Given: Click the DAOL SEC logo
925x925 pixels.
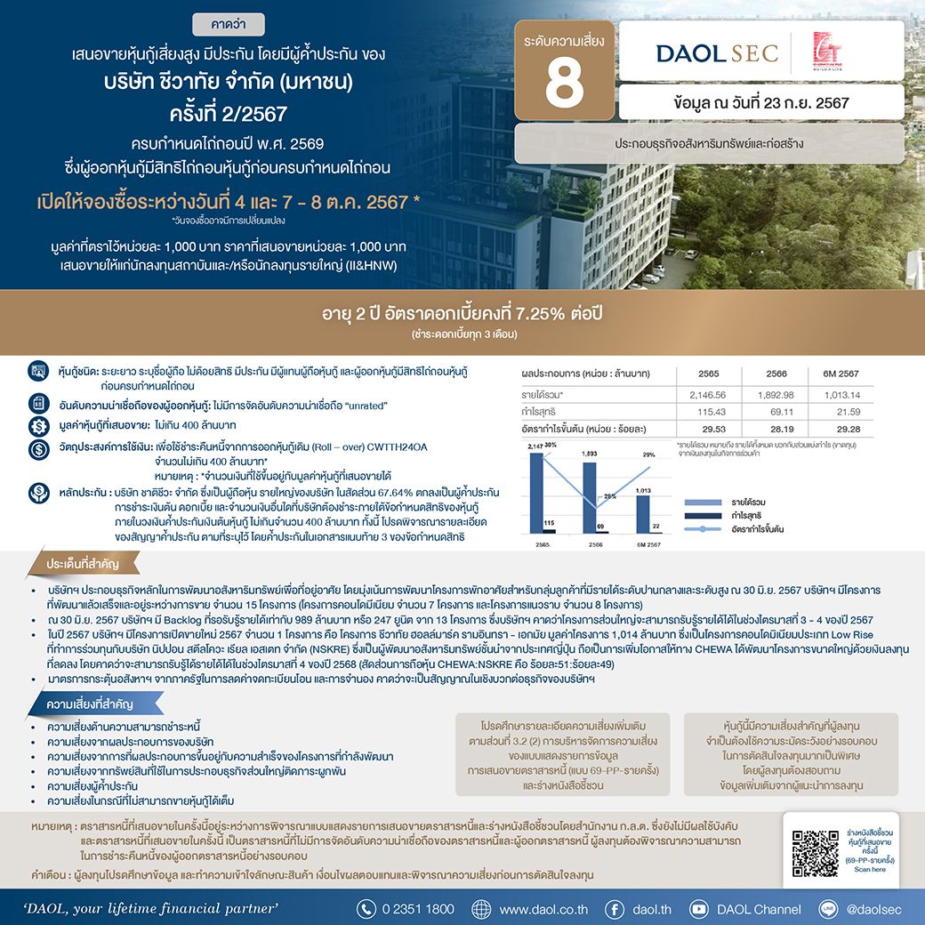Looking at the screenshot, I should (x=716, y=52).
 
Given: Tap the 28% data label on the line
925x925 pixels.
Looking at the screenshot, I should (x=609, y=495).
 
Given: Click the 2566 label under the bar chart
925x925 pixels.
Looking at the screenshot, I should (x=595, y=543).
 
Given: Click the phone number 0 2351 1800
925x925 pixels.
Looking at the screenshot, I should (x=417, y=909).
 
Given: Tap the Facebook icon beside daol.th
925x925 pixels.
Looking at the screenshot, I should (x=614, y=909).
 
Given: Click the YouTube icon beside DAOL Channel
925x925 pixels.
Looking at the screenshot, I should (x=699, y=909).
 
